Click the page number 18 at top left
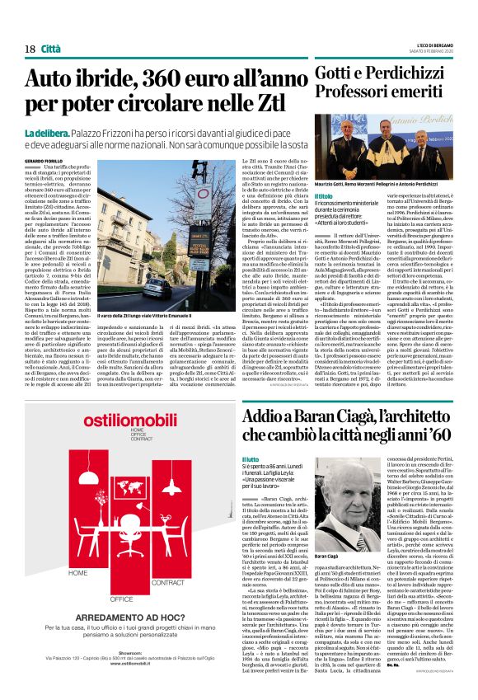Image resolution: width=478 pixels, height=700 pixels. (x=30, y=49)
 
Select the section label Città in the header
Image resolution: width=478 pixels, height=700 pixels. (x=52, y=49)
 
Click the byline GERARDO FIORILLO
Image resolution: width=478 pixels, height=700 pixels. (x=45, y=160)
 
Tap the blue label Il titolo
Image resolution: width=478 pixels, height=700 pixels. (x=326, y=196)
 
